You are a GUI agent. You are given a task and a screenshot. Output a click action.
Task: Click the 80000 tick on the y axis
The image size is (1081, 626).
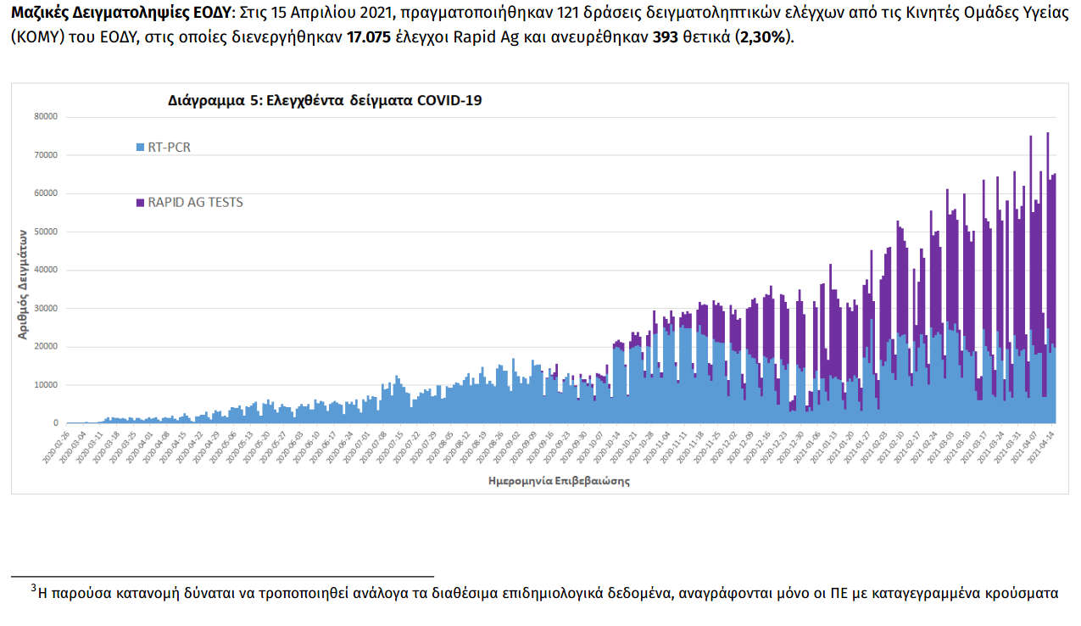[46, 116]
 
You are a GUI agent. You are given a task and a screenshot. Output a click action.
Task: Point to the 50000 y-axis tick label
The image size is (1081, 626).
[46, 232]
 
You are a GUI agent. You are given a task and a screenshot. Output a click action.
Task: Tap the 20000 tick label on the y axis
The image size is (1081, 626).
[46, 346]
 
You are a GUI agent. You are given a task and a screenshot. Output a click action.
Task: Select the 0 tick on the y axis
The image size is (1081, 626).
[56, 422]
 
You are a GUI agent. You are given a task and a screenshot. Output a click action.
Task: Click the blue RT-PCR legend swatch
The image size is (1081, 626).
[140, 148]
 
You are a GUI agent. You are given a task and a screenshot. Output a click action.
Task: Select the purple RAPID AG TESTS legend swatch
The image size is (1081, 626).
[140, 203]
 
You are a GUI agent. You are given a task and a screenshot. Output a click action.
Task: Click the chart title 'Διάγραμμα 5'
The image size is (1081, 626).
[325, 99]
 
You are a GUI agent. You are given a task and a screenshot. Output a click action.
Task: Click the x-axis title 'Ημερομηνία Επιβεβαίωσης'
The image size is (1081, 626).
[560, 480]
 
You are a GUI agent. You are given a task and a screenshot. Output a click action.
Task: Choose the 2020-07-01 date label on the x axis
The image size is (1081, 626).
[360, 447]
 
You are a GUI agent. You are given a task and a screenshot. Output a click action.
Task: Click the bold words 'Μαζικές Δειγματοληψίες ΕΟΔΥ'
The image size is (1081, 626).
[120, 16]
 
